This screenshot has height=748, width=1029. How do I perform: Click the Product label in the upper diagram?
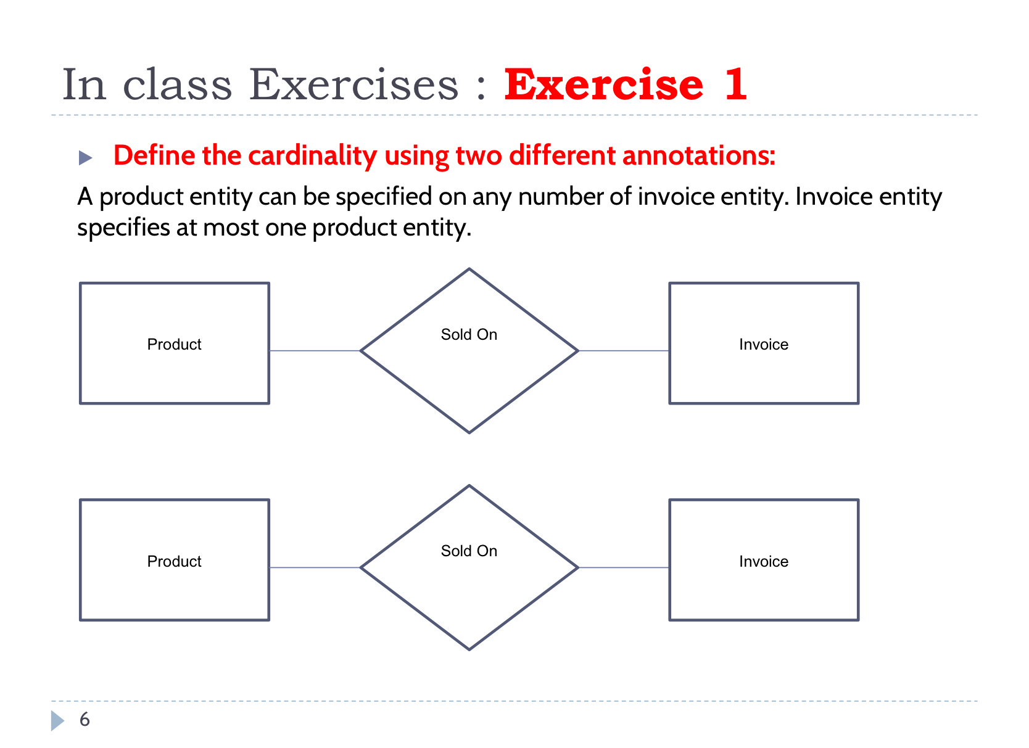(x=174, y=344)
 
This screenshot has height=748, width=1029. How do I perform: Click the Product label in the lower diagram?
(x=174, y=561)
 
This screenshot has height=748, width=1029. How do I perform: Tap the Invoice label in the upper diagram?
(x=764, y=344)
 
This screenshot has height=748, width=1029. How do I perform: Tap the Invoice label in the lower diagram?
(x=764, y=561)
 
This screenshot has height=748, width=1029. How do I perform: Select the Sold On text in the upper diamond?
(x=469, y=334)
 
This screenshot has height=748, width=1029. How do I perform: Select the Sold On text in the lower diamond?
(x=469, y=551)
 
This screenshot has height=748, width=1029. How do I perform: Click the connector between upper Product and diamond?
(x=315, y=351)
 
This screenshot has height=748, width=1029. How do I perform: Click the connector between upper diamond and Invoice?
(x=624, y=351)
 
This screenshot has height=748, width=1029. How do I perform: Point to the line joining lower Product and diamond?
(x=315, y=567)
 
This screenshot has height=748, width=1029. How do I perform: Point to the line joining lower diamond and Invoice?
(x=624, y=567)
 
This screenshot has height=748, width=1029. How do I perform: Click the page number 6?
(x=85, y=720)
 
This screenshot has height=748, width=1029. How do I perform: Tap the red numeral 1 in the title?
(x=735, y=84)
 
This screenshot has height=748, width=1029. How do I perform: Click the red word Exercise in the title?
(x=603, y=84)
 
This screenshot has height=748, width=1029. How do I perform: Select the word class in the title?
(x=178, y=84)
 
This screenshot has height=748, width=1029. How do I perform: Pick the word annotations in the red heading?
(x=698, y=155)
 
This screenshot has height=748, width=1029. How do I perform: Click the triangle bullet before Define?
(x=85, y=158)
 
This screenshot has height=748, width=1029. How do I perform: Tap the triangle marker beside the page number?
(x=57, y=720)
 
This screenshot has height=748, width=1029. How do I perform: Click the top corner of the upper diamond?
(x=469, y=270)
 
